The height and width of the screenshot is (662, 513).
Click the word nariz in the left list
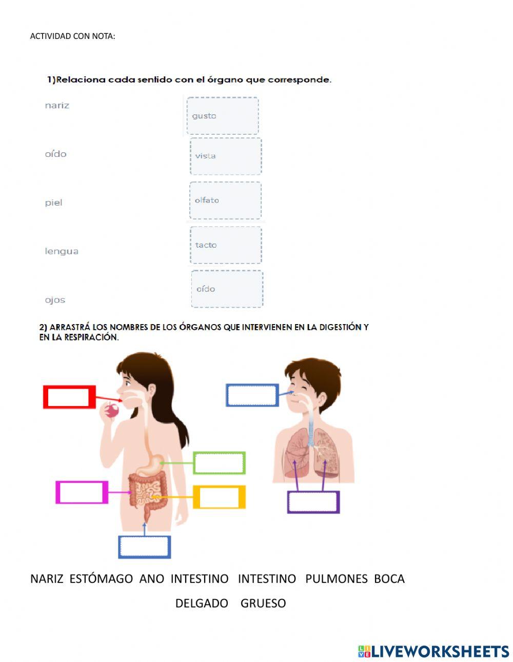[x=57, y=106]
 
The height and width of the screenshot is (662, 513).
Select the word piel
[x=53, y=203]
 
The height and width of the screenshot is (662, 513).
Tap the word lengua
[x=62, y=251]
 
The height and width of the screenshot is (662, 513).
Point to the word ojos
[x=55, y=300]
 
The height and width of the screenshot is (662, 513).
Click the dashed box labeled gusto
[x=223, y=116]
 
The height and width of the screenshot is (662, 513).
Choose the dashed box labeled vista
[x=226, y=156]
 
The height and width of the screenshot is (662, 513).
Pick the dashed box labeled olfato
[x=225, y=200]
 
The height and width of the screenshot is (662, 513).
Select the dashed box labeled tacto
[x=226, y=245]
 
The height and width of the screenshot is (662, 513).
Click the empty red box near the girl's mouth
[x=69, y=397]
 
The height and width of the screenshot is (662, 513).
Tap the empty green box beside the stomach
[x=219, y=463]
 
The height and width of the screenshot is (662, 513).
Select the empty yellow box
[x=219, y=497]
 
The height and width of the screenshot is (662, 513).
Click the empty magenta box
[x=82, y=492]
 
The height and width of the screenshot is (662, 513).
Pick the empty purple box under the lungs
[x=313, y=502]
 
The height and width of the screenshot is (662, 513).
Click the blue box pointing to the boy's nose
[x=252, y=395]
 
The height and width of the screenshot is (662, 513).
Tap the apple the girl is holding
[x=112, y=410]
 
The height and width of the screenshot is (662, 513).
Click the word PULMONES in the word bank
[x=336, y=579]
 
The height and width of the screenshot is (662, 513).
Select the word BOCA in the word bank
[x=389, y=579]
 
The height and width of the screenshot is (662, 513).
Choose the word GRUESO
[x=263, y=604]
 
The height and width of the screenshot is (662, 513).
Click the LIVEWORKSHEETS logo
[x=433, y=651]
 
